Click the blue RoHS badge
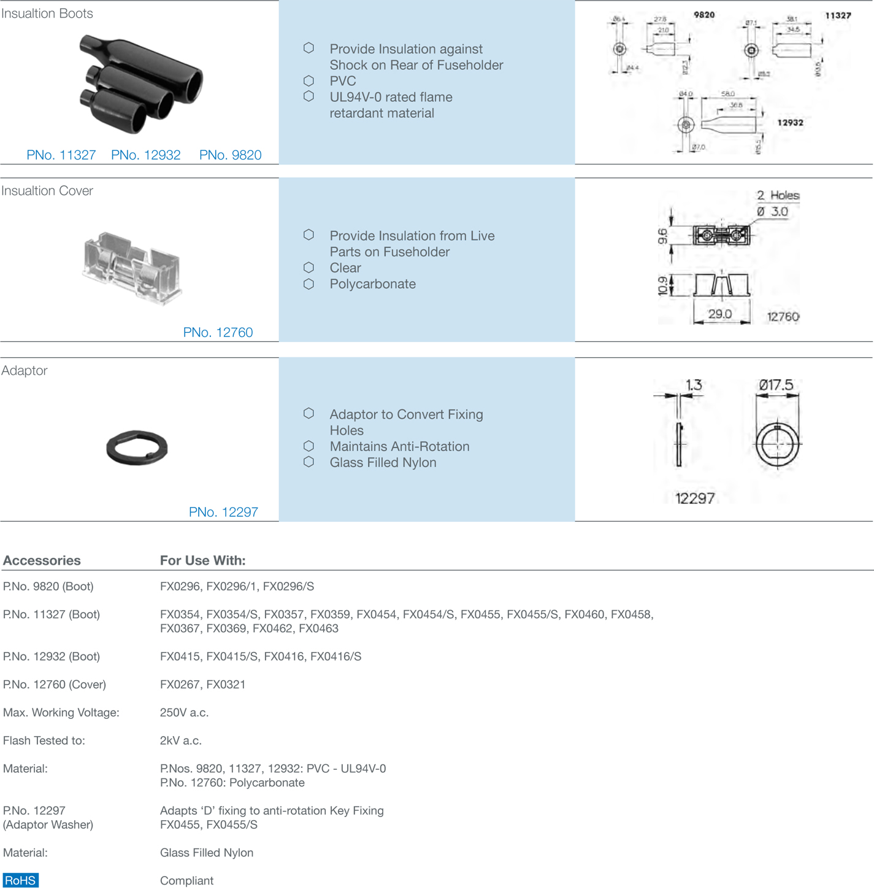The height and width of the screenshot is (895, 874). pyautogui.click(x=20, y=880)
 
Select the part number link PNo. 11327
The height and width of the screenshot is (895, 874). pyautogui.click(x=61, y=155)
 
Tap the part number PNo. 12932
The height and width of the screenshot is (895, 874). pyautogui.click(x=145, y=155)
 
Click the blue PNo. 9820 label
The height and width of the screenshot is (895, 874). pyautogui.click(x=230, y=155)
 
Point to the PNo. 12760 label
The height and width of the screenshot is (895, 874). pyautogui.click(x=218, y=333)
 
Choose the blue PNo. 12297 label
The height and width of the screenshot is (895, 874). pyautogui.click(x=223, y=512)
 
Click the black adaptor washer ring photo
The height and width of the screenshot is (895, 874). pyautogui.click(x=137, y=447)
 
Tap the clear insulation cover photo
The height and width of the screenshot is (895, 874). pyautogui.click(x=131, y=268)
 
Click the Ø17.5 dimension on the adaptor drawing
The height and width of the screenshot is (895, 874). pyautogui.click(x=776, y=385)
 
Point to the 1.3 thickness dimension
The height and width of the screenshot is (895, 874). pyautogui.click(x=694, y=385)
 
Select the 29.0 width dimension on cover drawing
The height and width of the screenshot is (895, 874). pyautogui.click(x=720, y=314)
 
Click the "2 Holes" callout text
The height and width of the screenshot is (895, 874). pyautogui.click(x=778, y=195)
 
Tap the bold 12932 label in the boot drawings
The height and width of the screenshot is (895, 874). pyautogui.click(x=790, y=123)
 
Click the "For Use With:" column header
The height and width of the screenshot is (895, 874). pyautogui.click(x=202, y=560)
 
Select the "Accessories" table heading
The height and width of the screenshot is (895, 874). pyautogui.click(x=42, y=560)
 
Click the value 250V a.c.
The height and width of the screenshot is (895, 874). pyautogui.click(x=184, y=713)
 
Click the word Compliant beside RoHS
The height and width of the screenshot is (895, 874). pyautogui.click(x=186, y=881)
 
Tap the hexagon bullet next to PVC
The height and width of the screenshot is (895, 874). pyautogui.click(x=309, y=80)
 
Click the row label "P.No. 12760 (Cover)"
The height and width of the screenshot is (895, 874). pyautogui.click(x=55, y=684)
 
